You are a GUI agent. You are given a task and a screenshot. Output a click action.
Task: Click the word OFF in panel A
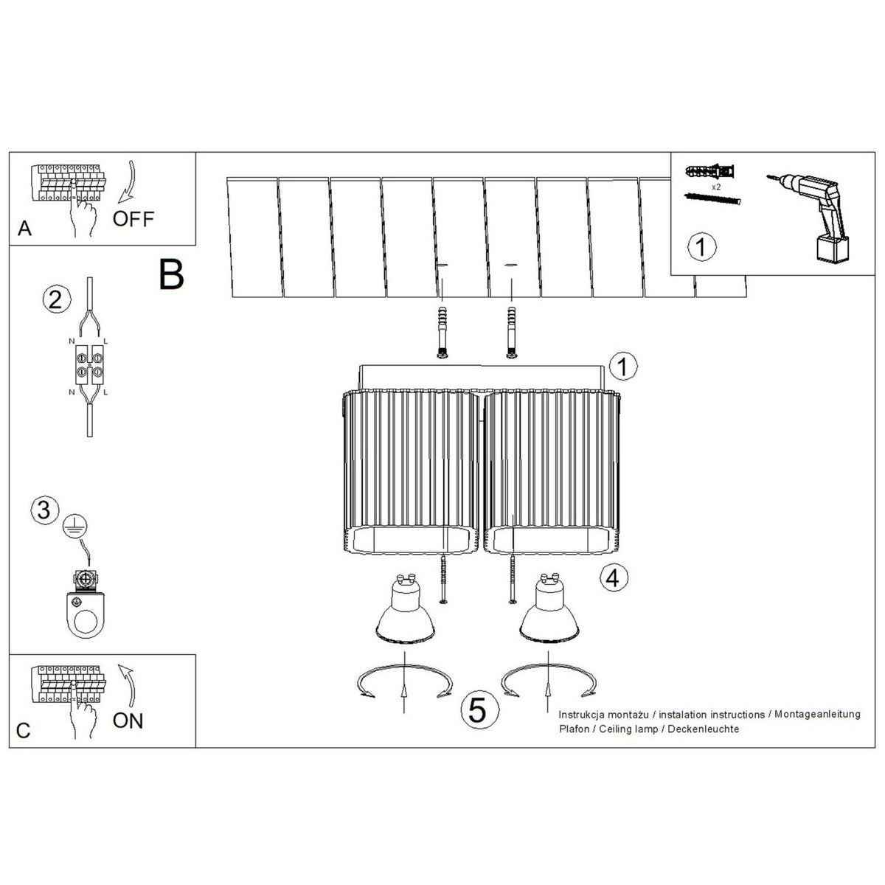click(133, 219)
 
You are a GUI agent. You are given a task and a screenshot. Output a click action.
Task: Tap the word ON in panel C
click(128, 721)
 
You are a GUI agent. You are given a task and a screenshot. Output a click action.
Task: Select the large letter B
click(171, 274)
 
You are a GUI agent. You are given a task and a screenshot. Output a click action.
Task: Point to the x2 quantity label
click(716, 187)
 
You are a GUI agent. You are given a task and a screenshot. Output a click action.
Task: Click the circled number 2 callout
click(57, 300)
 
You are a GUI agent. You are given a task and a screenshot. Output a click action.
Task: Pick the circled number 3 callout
click(44, 510)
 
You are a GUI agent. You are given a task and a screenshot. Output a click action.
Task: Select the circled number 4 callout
click(614, 577)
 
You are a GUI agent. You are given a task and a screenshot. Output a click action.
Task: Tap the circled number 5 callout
click(479, 710)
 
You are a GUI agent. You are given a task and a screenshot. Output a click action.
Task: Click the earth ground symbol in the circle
click(75, 527)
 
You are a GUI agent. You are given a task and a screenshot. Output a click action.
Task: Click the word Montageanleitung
click(817, 715)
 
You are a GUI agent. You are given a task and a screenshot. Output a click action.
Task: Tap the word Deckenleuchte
click(704, 729)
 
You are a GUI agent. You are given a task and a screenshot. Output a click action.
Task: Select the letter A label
click(24, 228)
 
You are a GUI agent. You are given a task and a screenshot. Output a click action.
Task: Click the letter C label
click(23, 731)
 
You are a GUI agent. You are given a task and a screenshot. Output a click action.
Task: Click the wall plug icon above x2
click(709, 173)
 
